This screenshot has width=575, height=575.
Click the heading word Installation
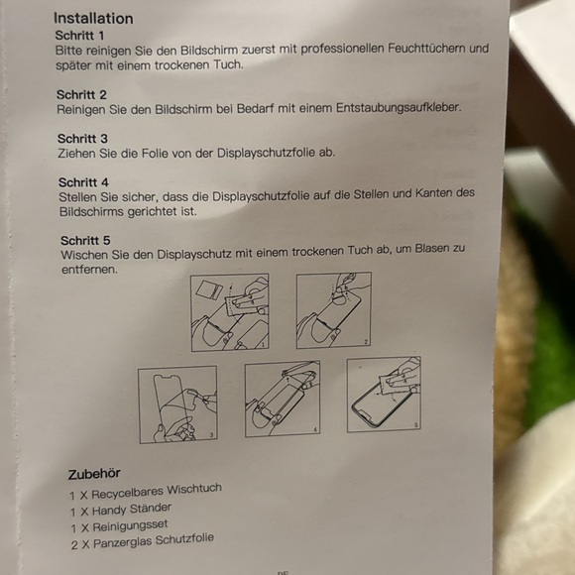93,18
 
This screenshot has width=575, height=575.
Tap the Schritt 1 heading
80,36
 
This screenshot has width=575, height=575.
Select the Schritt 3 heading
82,139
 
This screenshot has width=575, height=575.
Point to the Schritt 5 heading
85,241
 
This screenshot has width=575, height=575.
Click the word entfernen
89,270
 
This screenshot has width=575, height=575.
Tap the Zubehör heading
94,474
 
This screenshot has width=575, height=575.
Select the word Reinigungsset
130,525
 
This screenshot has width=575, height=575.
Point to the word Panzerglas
123,542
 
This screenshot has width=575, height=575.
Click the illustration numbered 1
230,312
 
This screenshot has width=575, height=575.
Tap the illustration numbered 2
334,310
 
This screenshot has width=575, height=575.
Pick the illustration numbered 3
177,404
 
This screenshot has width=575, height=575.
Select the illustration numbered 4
283,399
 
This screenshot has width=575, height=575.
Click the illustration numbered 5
384,395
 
